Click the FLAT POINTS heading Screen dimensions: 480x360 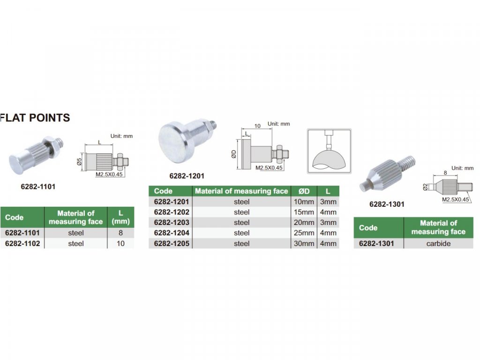click(x=35, y=118)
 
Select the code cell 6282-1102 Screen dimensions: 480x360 click(x=22, y=243)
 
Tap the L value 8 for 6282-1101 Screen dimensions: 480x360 click(x=120, y=233)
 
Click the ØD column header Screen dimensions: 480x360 click(x=304, y=191)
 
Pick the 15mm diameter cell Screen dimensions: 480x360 click(x=304, y=212)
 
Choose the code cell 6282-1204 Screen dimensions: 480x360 click(x=172, y=233)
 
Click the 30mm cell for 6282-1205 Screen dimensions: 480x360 click(x=304, y=243)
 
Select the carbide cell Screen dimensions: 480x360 click(x=438, y=243)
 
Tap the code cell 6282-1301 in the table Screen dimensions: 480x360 click(x=376, y=243)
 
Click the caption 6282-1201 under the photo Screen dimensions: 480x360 click(x=187, y=176)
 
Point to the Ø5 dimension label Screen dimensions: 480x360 click(x=79, y=162)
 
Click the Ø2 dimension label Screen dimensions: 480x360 click(x=425, y=187)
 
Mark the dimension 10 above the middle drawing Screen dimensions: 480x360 click(x=257, y=126)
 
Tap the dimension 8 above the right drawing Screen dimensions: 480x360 click(x=445, y=172)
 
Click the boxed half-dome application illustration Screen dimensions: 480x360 click(x=329, y=151)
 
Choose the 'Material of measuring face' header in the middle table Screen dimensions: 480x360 click(x=241, y=191)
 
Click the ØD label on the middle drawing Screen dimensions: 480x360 click(x=234, y=154)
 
